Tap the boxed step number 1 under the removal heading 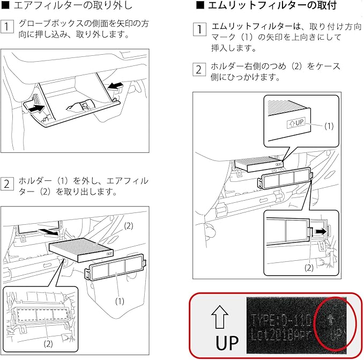8,26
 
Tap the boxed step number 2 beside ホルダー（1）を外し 8,183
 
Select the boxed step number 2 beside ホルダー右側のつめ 199,69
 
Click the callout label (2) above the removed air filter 128,226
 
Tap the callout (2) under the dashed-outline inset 48,342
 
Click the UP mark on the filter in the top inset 296,122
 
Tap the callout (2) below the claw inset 308,267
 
